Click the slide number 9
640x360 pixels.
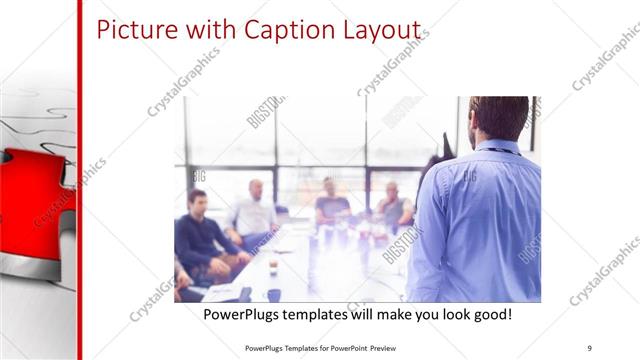589,347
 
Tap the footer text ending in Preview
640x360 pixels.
325,347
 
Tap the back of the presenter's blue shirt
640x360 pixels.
480,220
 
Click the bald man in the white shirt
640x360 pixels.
254,210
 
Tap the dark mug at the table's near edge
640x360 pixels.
273,295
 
